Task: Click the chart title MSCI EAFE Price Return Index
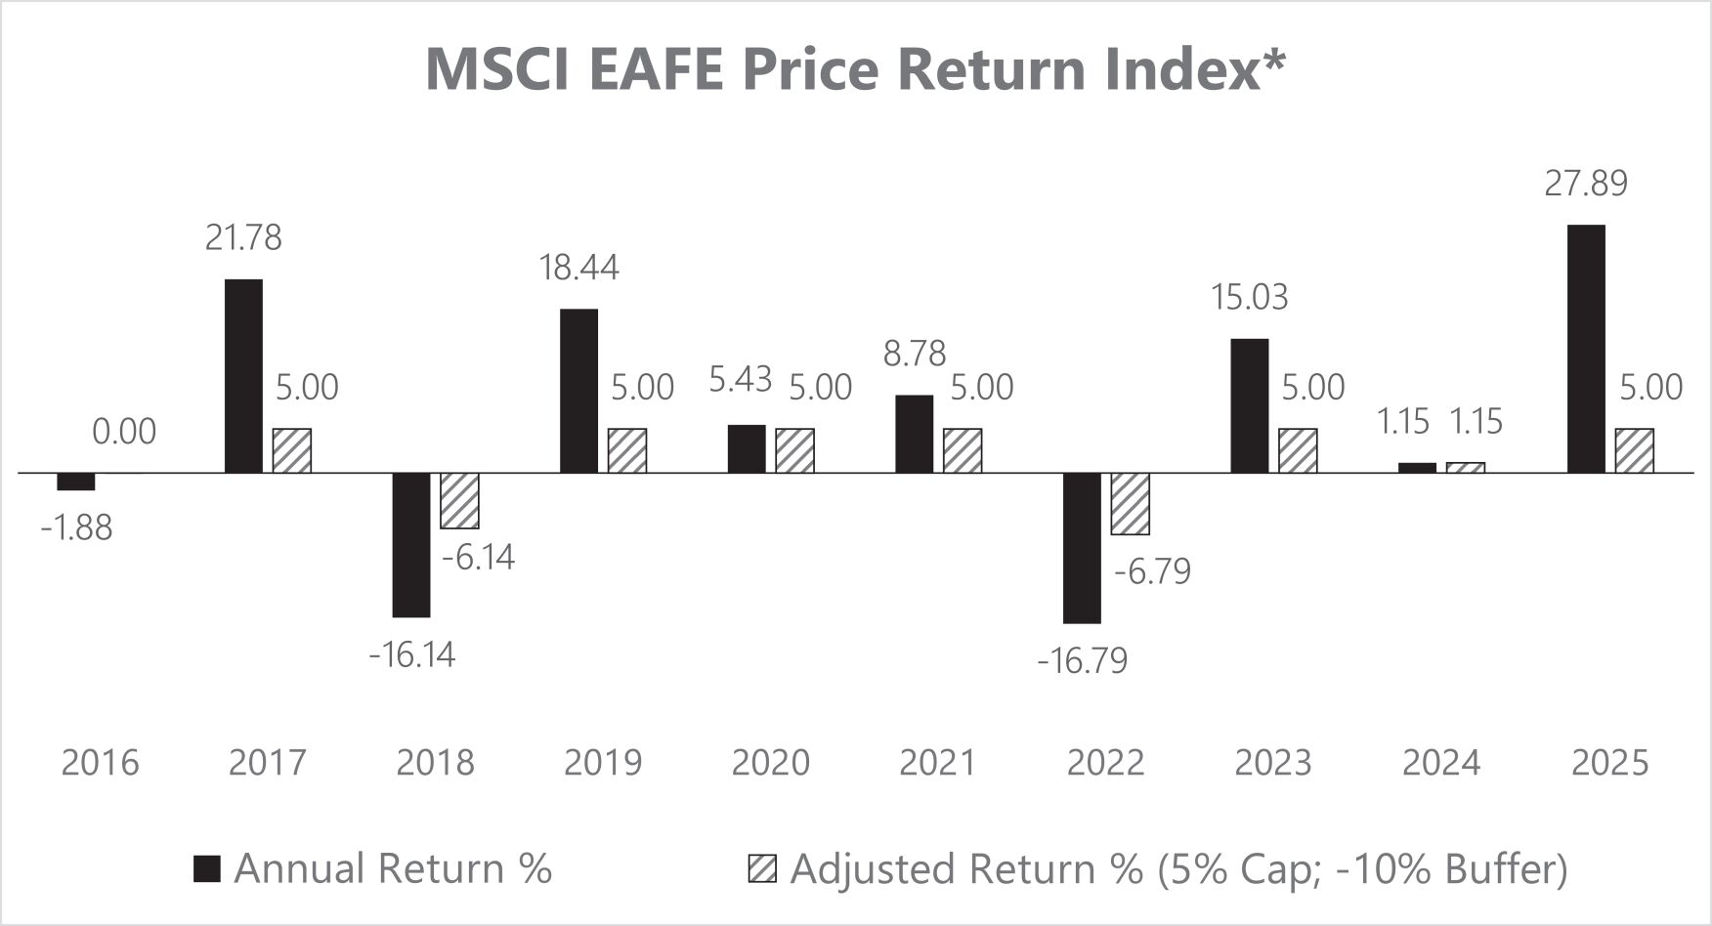(x=855, y=69)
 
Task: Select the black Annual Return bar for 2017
(x=243, y=376)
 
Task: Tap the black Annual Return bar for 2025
(x=1586, y=349)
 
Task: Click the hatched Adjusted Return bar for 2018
(x=459, y=500)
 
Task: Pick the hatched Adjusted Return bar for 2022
(x=1131, y=503)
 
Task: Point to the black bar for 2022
(x=1082, y=547)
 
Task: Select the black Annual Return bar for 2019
(x=578, y=391)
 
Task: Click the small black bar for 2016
(x=76, y=482)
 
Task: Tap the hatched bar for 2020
(x=794, y=450)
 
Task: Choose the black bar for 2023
(x=1250, y=405)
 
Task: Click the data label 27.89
(x=1586, y=184)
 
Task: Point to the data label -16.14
(x=411, y=654)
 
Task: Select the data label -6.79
(x=1153, y=571)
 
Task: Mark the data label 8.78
(x=915, y=354)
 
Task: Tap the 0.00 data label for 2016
(x=124, y=432)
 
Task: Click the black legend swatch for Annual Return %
(x=207, y=868)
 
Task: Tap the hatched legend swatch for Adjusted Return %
(x=762, y=868)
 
